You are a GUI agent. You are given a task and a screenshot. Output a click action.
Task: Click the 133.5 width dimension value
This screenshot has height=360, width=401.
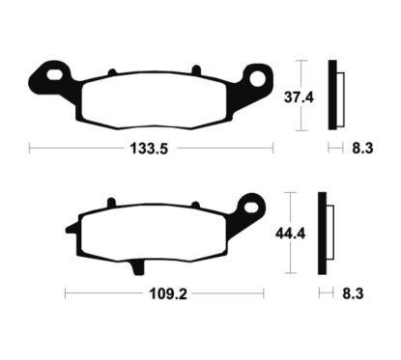151,149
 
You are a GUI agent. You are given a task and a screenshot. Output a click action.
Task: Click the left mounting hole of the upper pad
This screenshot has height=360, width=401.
52,73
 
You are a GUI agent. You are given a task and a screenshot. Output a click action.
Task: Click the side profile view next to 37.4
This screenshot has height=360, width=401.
334,95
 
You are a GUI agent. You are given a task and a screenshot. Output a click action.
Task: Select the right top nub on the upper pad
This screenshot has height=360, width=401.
197,69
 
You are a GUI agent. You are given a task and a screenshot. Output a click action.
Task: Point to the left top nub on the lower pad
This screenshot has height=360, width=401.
111,204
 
